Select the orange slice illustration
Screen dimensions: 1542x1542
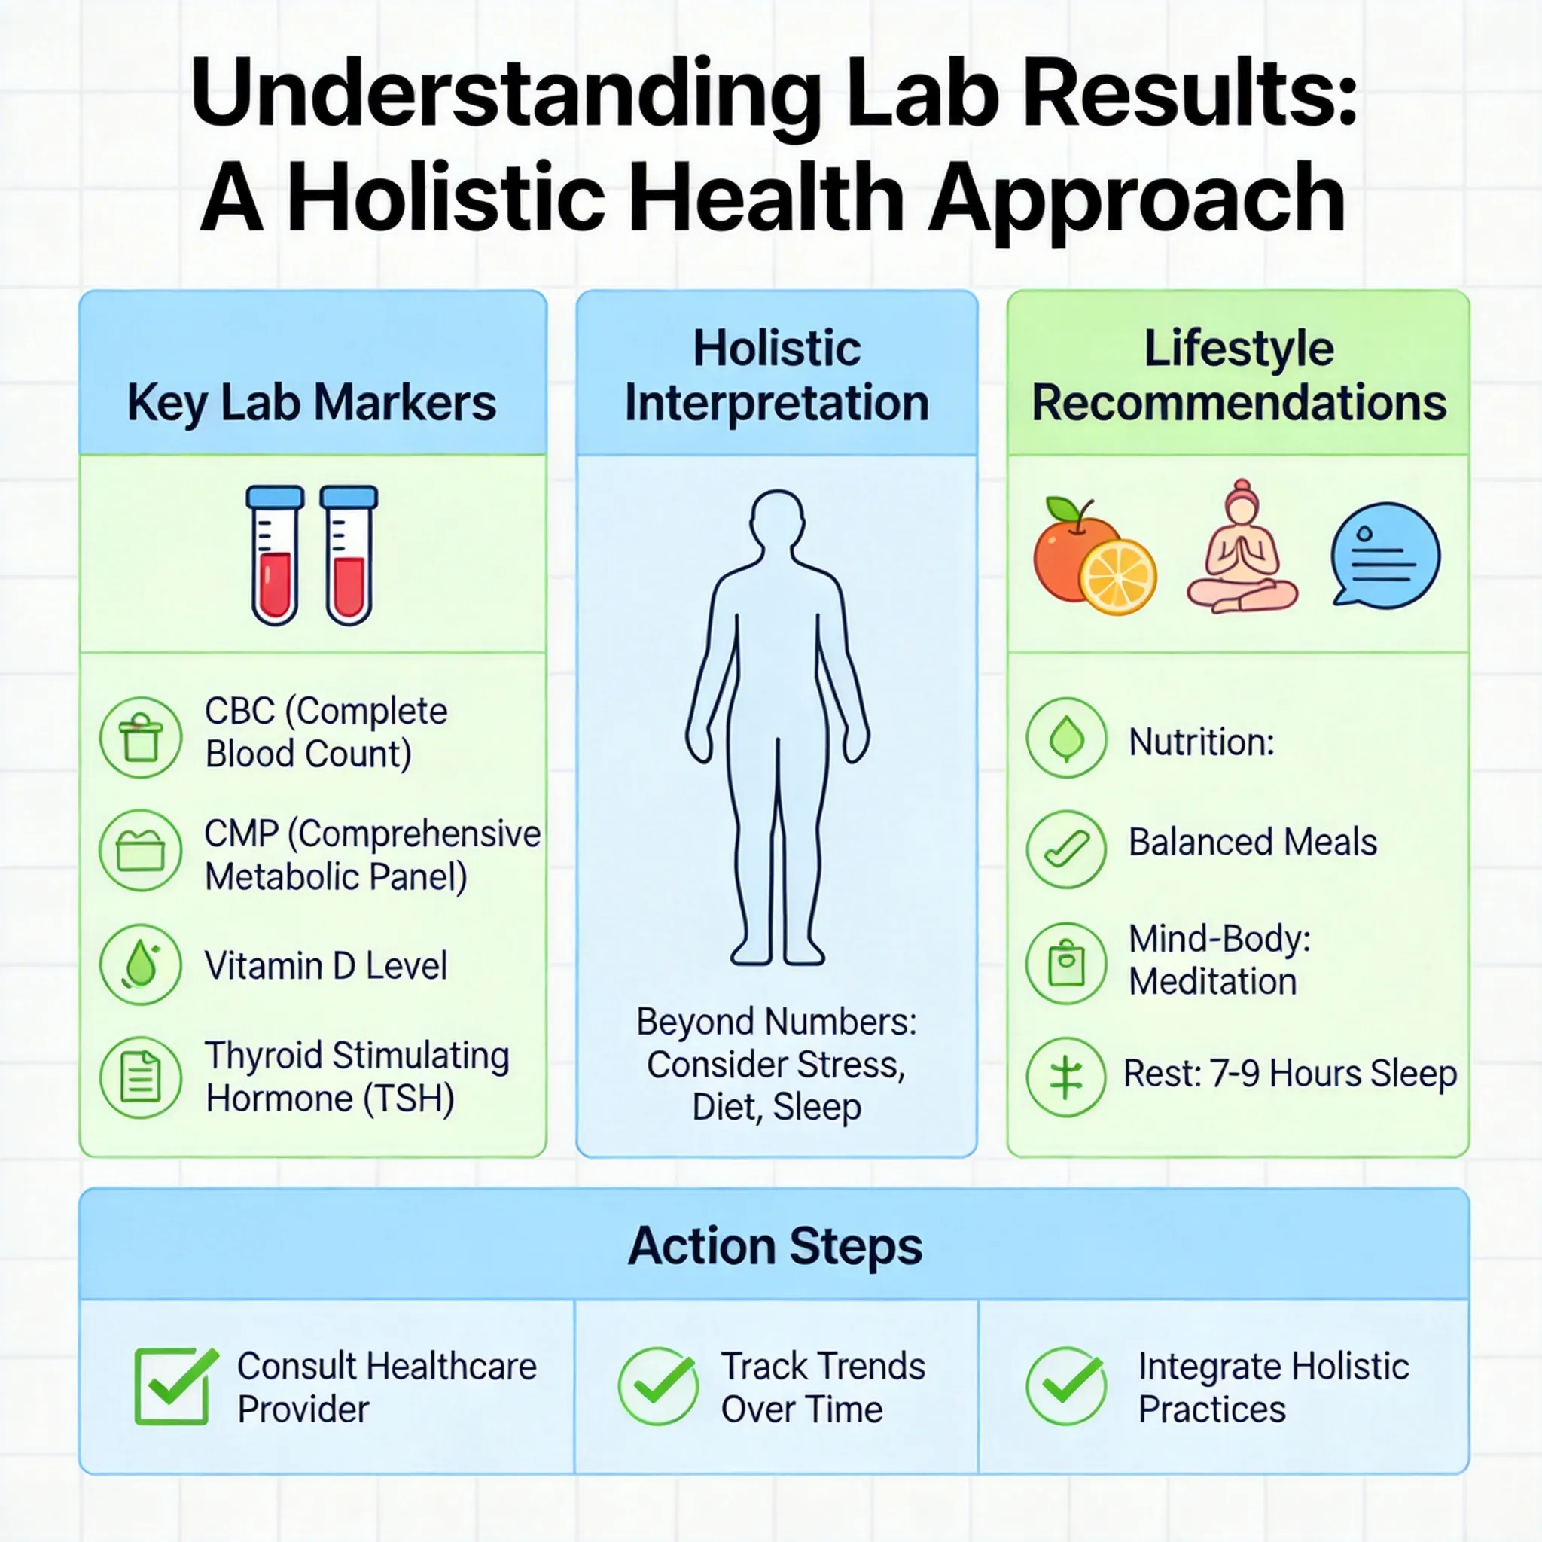click(x=1117, y=577)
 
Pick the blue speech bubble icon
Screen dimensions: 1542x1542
click(x=1385, y=555)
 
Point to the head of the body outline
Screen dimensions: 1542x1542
click(x=777, y=519)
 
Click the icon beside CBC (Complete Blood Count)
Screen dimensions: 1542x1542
click(x=142, y=736)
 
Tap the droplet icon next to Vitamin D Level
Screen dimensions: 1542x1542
click(x=142, y=965)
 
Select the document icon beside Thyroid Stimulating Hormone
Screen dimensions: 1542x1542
click(x=142, y=1077)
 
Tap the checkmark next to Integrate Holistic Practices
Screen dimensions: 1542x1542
click(x=1066, y=1386)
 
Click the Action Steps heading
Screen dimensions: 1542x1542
click(x=775, y=1247)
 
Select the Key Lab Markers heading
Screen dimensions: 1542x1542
click(x=311, y=402)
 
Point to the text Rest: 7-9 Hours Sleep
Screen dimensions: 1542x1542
click(x=1290, y=1074)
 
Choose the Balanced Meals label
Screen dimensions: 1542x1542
click(x=1252, y=843)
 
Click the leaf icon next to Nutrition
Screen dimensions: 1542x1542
click(x=1066, y=739)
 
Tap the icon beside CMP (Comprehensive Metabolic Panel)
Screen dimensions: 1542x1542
click(x=142, y=851)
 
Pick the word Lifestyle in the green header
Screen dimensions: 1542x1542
click(x=1239, y=349)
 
